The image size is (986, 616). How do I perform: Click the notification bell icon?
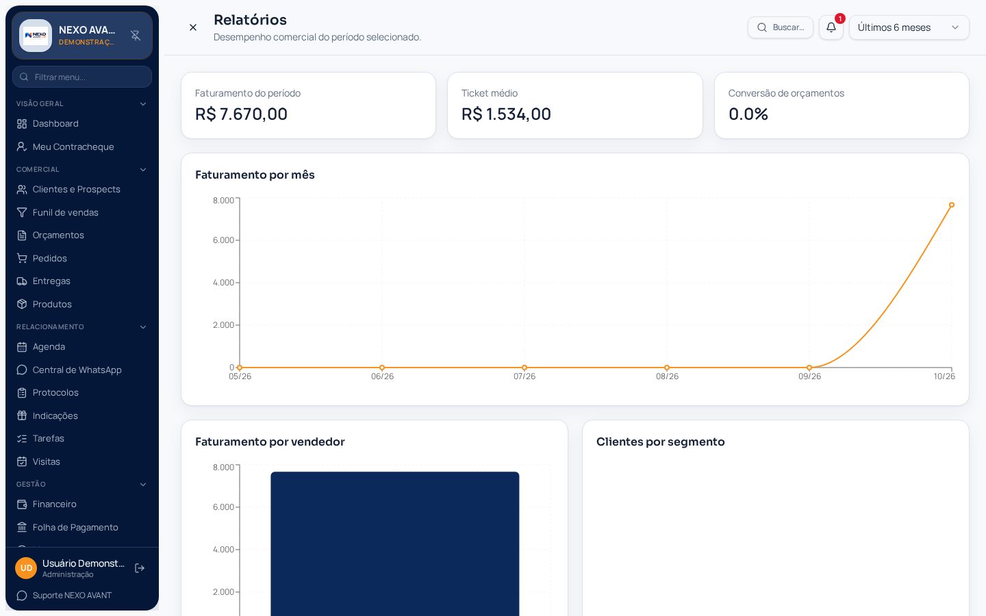pos(831,27)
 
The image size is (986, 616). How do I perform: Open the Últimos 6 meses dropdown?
pos(909,27)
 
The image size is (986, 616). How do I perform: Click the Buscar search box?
pos(780,27)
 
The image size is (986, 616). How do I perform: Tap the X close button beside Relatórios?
pos(193,27)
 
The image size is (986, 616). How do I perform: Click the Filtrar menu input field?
pos(82,77)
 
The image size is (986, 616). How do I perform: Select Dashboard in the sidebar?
pos(55,124)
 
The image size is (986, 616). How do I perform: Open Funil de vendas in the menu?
pos(65,212)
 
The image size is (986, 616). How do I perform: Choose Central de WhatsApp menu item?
pos(77,370)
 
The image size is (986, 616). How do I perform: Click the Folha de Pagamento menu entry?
pos(75,527)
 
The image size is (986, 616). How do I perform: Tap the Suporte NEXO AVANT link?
pos(72,595)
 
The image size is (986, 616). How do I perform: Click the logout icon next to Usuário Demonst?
pos(140,568)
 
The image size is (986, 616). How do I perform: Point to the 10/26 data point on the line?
pos(951,205)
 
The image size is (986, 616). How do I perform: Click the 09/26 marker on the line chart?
pos(809,368)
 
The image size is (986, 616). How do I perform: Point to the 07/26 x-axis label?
pos(524,376)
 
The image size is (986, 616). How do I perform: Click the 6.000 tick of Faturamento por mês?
pos(224,240)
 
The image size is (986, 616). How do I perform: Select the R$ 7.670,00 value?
pos(241,114)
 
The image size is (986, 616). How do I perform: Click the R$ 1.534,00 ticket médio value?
pos(506,114)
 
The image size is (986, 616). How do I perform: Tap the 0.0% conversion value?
pos(748,114)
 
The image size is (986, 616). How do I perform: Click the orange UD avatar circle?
pos(26,568)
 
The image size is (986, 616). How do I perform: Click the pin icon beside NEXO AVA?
pos(136,35)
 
